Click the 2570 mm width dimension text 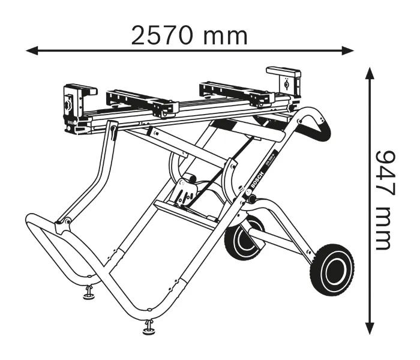tap(189, 36)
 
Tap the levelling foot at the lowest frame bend tap(148, 327)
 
